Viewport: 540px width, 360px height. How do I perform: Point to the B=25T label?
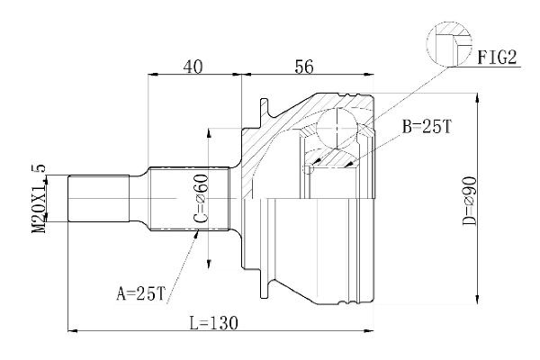click(x=427, y=128)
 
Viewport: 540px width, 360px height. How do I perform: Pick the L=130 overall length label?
click(x=212, y=321)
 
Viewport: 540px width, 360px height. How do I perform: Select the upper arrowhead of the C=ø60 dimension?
click(x=210, y=132)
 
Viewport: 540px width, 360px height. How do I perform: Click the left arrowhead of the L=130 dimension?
click(x=72, y=330)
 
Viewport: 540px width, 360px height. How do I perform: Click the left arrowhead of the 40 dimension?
click(x=150, y=76)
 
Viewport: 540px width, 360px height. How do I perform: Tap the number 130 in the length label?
click(x=224, y=321)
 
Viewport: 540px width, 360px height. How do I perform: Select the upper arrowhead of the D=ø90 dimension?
click(x=474, y=95)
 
